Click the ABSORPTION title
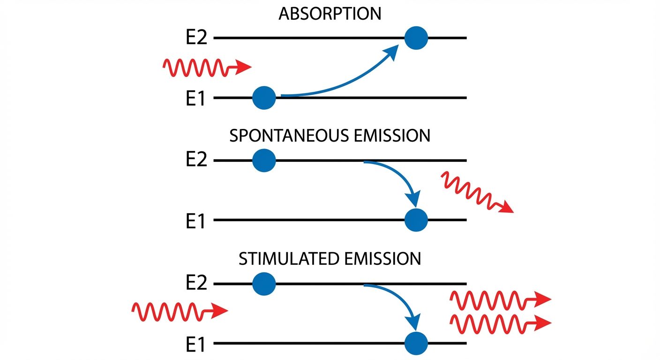click(x=330, y=14)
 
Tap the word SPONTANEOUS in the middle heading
click(x=288, y=136)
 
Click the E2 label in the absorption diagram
click(x=196, y=38)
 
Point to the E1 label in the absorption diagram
click(x=195, y=99)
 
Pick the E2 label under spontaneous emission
click(x=196, y=161)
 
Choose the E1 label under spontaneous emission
click(x=195, y=221)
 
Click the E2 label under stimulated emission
click(x=196, y=284)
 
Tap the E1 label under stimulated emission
click(x=195, y=345)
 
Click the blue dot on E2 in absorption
click(x=416, y=38)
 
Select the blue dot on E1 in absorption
click(x=264, y=98)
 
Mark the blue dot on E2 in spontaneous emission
click(x=264, y=161)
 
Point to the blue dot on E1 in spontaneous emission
click(x=416, y=220)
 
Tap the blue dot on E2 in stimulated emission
click(x=264, y=284)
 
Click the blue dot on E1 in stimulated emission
click(x=416, y=344)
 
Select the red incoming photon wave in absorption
click(x=206, y=68)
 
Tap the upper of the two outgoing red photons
click(x=499, y=299)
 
